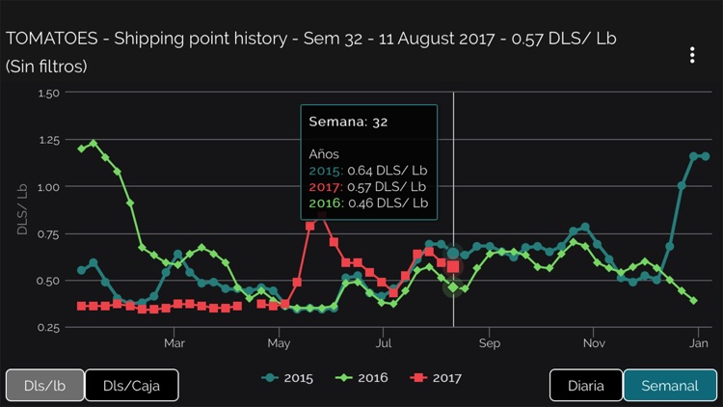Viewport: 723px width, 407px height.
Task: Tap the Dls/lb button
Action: [x=45, y=386]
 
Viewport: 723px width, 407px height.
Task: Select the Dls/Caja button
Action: [x=131, y=386]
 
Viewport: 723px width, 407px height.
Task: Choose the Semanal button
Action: [x=669, y=386]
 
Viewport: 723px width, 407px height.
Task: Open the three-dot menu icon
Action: [x=691, y=55]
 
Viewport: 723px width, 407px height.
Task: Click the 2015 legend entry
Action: [x=287, y=377]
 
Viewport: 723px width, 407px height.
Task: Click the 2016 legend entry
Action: [x=361, y=377]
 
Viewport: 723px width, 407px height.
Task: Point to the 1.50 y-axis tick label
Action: [x=47, y=94]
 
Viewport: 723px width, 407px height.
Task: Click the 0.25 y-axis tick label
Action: [x=47, y=328]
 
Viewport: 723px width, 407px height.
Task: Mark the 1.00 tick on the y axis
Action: [x=47, y=187]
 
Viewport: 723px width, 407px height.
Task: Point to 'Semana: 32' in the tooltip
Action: [x=347, y=122]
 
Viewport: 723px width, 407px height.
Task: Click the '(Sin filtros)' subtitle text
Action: [x=46, y=67]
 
